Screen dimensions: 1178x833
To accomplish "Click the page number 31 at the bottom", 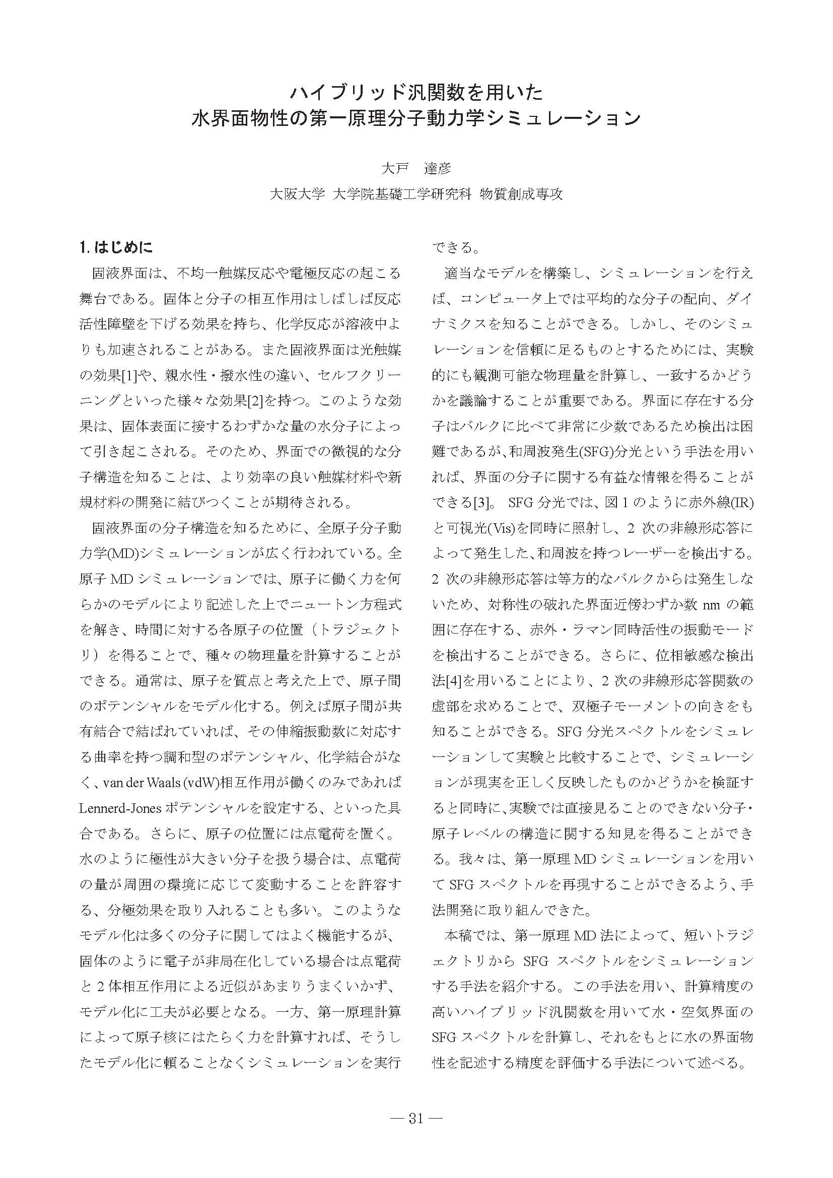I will point(416,1115).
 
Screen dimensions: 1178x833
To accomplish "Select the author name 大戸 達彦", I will point(416,168).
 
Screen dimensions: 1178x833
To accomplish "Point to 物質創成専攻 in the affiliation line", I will point(521,194).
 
